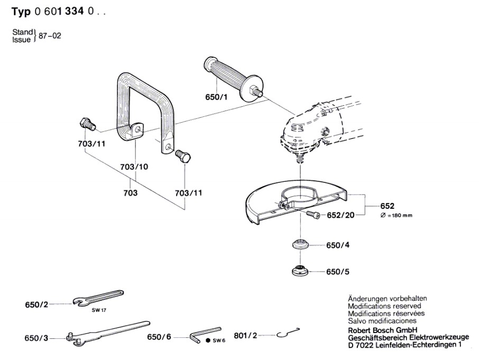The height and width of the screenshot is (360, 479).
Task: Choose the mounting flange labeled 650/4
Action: pyautogui.click(x=300, y=246)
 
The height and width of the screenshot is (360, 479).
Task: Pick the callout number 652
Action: pyautogui.click(x=388, y=206)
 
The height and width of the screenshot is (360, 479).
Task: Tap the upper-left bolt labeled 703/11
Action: pyautogui.click(x=86, y=125)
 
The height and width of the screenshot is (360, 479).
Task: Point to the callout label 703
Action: pyautogui.click(x=130, y=193)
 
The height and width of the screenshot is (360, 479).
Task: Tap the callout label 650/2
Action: pyautogui.click(x=36, y=304)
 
